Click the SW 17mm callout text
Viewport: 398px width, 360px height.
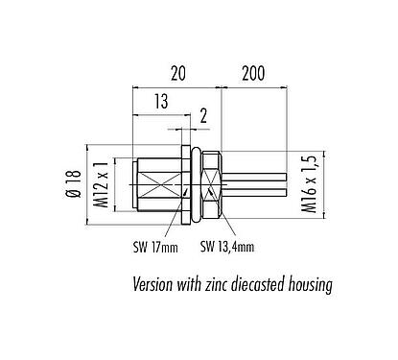pos(155,246)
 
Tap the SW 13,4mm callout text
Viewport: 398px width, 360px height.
pos(227,246)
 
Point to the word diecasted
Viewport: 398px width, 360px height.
pos(266,284)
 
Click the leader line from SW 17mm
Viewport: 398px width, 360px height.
pos(171,228)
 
